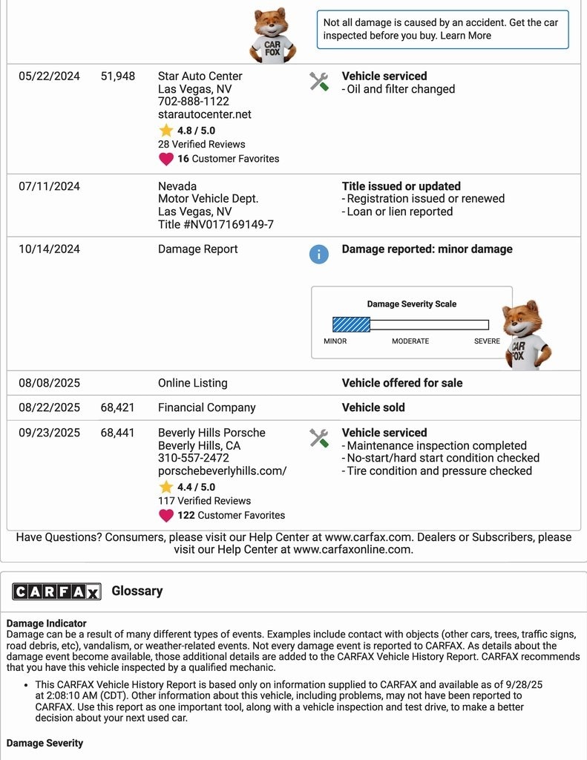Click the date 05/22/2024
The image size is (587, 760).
(49, 76)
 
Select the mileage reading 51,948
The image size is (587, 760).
(118, 76)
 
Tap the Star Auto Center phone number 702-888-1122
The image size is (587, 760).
(194, 102)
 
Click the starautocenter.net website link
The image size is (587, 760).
(205, 114)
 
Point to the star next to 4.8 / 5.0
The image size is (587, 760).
(166, 131)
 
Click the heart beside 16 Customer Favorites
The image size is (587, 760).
(166, 159)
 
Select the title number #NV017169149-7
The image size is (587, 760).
(216, 224)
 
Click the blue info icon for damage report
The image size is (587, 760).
(318, 255)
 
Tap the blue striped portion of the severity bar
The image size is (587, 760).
(351, 324)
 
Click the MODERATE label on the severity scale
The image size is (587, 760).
(410, 341)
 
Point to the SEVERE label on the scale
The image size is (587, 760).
(487, 341)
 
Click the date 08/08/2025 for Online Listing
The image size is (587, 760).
(49, 383)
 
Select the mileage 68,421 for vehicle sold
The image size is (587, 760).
(118, 407)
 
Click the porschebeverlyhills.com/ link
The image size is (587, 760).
(222, 471)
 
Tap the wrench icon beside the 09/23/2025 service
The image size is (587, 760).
(319, 438)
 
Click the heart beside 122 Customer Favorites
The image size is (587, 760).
(166, 515)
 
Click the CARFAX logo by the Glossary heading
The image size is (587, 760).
(56, 591)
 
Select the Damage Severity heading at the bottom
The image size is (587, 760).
(45, 743)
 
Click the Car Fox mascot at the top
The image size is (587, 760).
(273, 36)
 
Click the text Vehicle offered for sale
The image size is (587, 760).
(402, 383)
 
